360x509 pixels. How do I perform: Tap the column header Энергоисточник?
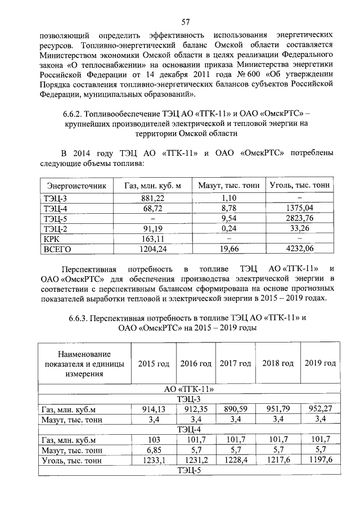point(76,185)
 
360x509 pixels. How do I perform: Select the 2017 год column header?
point(236,364)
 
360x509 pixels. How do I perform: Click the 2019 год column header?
point(320,363)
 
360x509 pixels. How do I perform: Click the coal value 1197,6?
point(320,461)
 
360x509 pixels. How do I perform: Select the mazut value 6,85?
point(153,451)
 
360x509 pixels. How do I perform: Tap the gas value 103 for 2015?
point(153,440)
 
